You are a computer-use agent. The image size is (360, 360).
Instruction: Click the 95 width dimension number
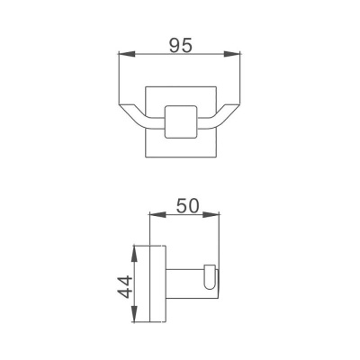click(181, 41)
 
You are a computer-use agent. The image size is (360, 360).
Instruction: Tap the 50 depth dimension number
click(187, 204)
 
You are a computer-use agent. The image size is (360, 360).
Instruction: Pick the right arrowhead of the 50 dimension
click(217, 217)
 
